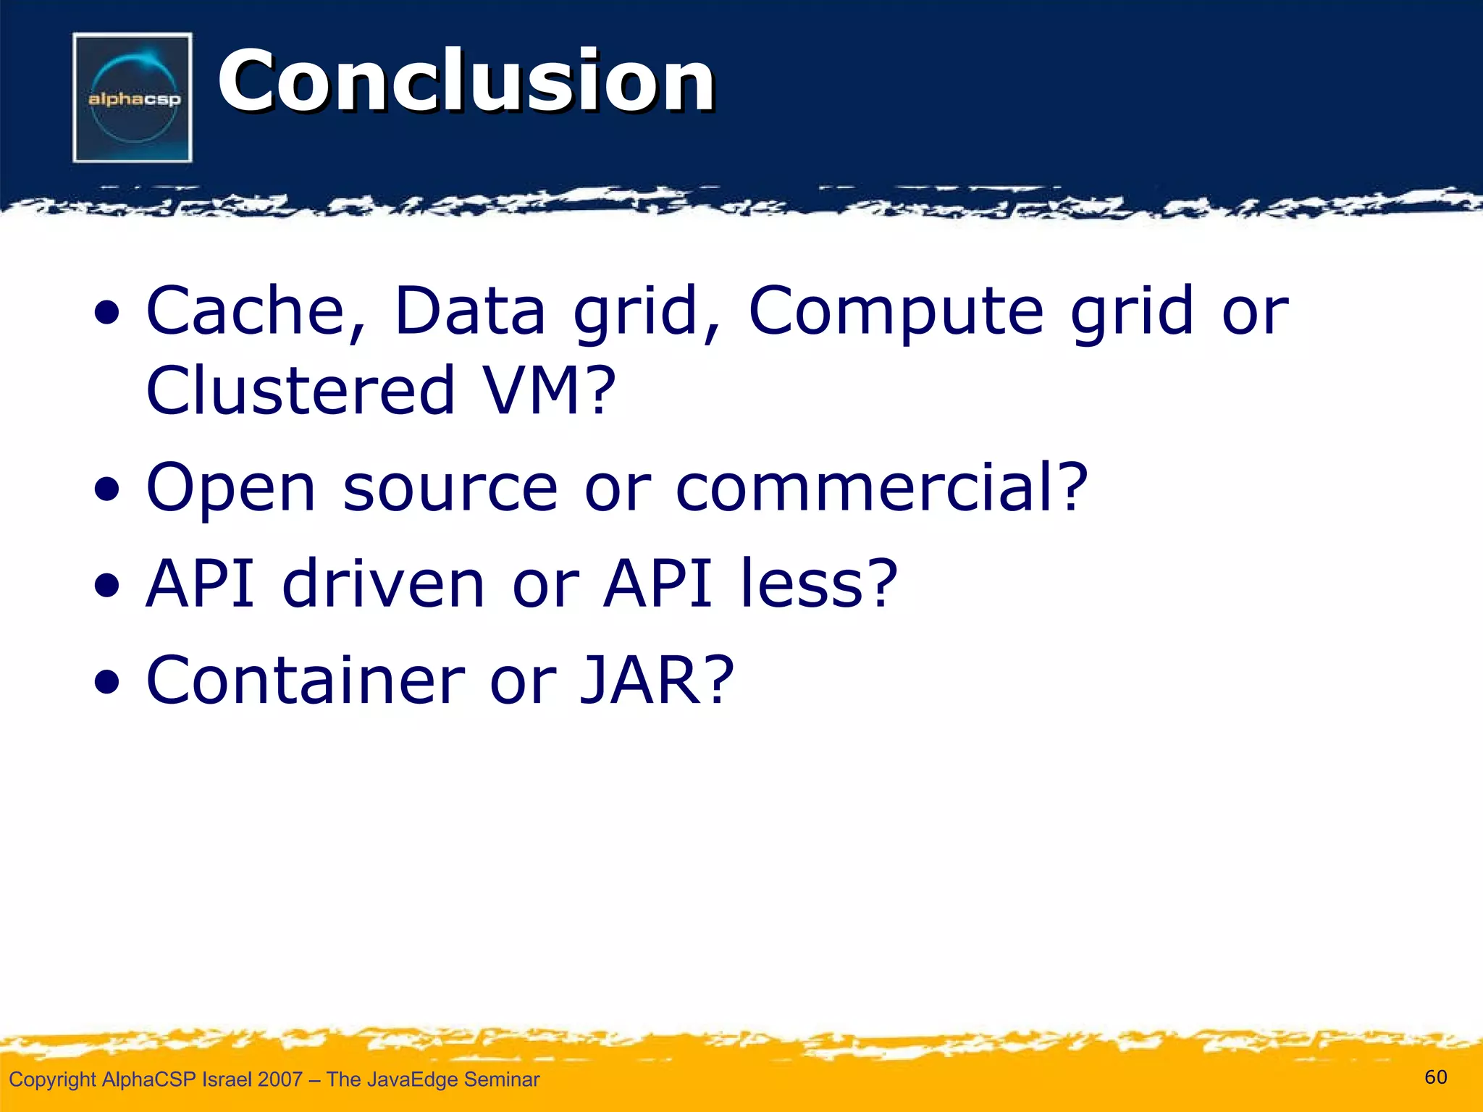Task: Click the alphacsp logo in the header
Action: coord(133,98)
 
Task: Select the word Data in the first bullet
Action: coord(469,311)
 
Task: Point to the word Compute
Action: coord(896,312)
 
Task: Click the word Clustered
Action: coord(300,390)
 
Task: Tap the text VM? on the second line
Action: coord(550,390)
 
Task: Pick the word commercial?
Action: coord(881,487)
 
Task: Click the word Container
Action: coord(305,680)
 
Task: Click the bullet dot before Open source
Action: coord(106,489)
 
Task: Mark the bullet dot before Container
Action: coord(106,682)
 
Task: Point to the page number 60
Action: coord(1435,1077)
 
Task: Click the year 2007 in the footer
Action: coord(280,1079)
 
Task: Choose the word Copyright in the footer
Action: coord(52,1079)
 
